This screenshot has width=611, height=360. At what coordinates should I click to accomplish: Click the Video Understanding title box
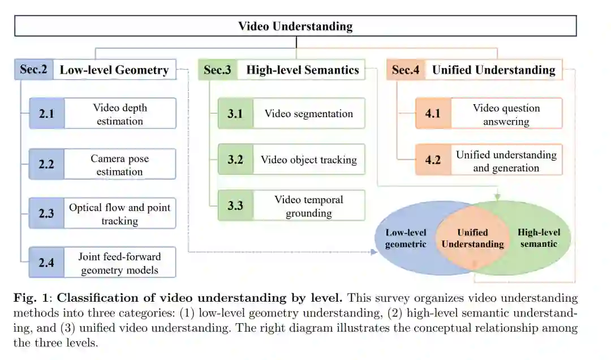[x=295, y=26]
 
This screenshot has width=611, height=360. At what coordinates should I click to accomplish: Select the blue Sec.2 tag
[x=34, y=70]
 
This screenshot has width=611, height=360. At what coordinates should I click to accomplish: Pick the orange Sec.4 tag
[x=406, y=70]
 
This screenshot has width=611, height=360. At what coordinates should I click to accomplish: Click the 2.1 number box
[x=47, y=114]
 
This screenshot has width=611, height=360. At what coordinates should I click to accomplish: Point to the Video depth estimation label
[x=120, y=114]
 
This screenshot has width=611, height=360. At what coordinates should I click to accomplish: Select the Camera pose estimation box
[x=120, y=165]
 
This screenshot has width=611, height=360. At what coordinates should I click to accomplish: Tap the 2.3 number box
[x=47, y=213]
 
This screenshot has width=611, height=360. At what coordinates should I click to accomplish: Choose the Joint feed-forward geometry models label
[x=120, y=263]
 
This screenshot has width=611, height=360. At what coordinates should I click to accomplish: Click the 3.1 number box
[x=235, y=113]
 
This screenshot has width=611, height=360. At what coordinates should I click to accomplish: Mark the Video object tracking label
[x=308, y=160]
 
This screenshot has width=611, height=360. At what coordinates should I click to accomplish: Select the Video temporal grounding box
[x=308, y=206]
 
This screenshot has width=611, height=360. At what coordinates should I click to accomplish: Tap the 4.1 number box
[x=433, y=114]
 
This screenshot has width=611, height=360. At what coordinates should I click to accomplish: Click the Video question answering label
[x=506, y=114]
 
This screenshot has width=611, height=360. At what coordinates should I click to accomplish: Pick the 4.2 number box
[x=433, y=160]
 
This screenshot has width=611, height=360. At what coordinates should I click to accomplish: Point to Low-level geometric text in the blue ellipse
[x=406, y=238]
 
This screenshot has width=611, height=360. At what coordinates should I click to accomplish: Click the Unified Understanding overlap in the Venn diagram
[x=472, y=238]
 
